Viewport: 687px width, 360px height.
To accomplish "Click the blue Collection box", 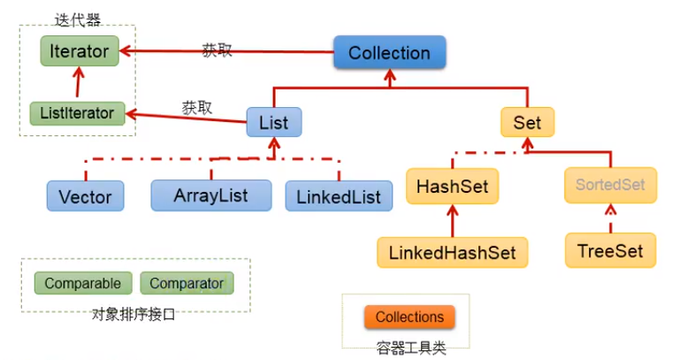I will (389, 53).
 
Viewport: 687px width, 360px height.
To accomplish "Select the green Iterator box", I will (80, 51).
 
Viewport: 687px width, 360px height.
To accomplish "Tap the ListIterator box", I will (77, 113).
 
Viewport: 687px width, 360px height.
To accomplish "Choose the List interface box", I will (273, 123).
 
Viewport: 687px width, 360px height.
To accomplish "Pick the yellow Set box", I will (527, 123).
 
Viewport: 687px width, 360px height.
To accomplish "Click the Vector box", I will (85, 195).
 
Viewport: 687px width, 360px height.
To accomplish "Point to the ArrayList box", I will (210, 195).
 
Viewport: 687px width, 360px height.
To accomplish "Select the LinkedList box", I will (339, 195).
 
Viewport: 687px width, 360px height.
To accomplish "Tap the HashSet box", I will (452, 188).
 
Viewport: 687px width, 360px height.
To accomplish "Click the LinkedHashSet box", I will (453, 251).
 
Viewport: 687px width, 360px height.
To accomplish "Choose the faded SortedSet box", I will (611, 186).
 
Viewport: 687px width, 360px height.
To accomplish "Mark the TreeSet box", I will (610, 250).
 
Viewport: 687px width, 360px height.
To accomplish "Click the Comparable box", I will (82, 284).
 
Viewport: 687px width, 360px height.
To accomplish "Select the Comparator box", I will (187, 284).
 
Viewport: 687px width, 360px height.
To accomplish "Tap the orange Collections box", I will (409, 317).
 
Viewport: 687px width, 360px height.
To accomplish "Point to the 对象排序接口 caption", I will (134, 313).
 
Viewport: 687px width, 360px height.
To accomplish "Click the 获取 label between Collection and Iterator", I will (218, 50).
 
